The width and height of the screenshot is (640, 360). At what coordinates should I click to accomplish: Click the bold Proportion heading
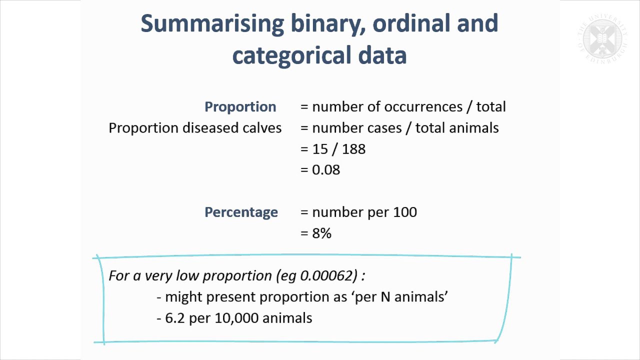coord(240,107)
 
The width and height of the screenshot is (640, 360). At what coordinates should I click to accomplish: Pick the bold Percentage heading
coord(241,212)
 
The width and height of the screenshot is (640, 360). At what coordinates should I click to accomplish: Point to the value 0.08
coord(326,170)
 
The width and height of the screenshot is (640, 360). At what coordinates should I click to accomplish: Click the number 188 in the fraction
coord(353,149)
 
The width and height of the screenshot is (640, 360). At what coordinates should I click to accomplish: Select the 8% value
coord(321,233)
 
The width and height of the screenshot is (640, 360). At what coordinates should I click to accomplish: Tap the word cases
coord(379,128)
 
